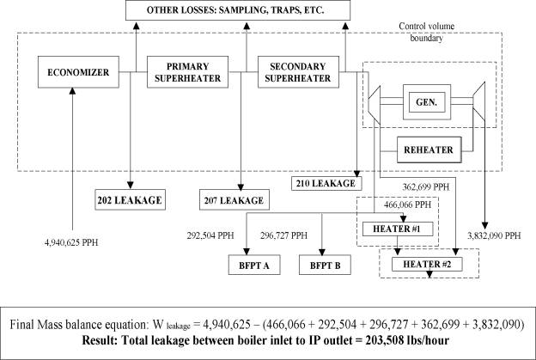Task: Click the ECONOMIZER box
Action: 73,73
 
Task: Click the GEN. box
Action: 423,98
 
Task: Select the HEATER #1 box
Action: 396,229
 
